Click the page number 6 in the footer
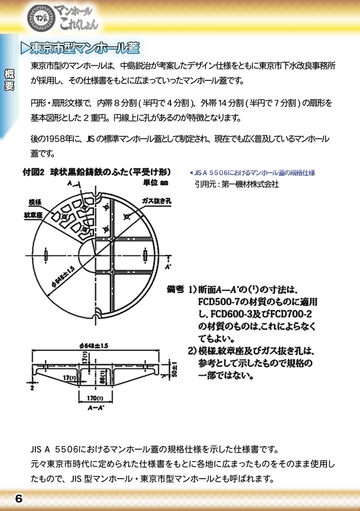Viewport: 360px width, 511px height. pos(18,498)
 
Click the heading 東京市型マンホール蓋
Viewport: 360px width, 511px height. pos(85,48)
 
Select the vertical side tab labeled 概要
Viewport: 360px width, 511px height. pos(9,80)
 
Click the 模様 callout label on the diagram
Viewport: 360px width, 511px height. pos(35,202)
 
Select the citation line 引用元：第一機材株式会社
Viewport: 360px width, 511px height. pos(237,184)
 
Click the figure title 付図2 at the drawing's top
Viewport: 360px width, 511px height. pos(33,173)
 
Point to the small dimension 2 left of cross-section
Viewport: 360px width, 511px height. pos(31,386)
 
